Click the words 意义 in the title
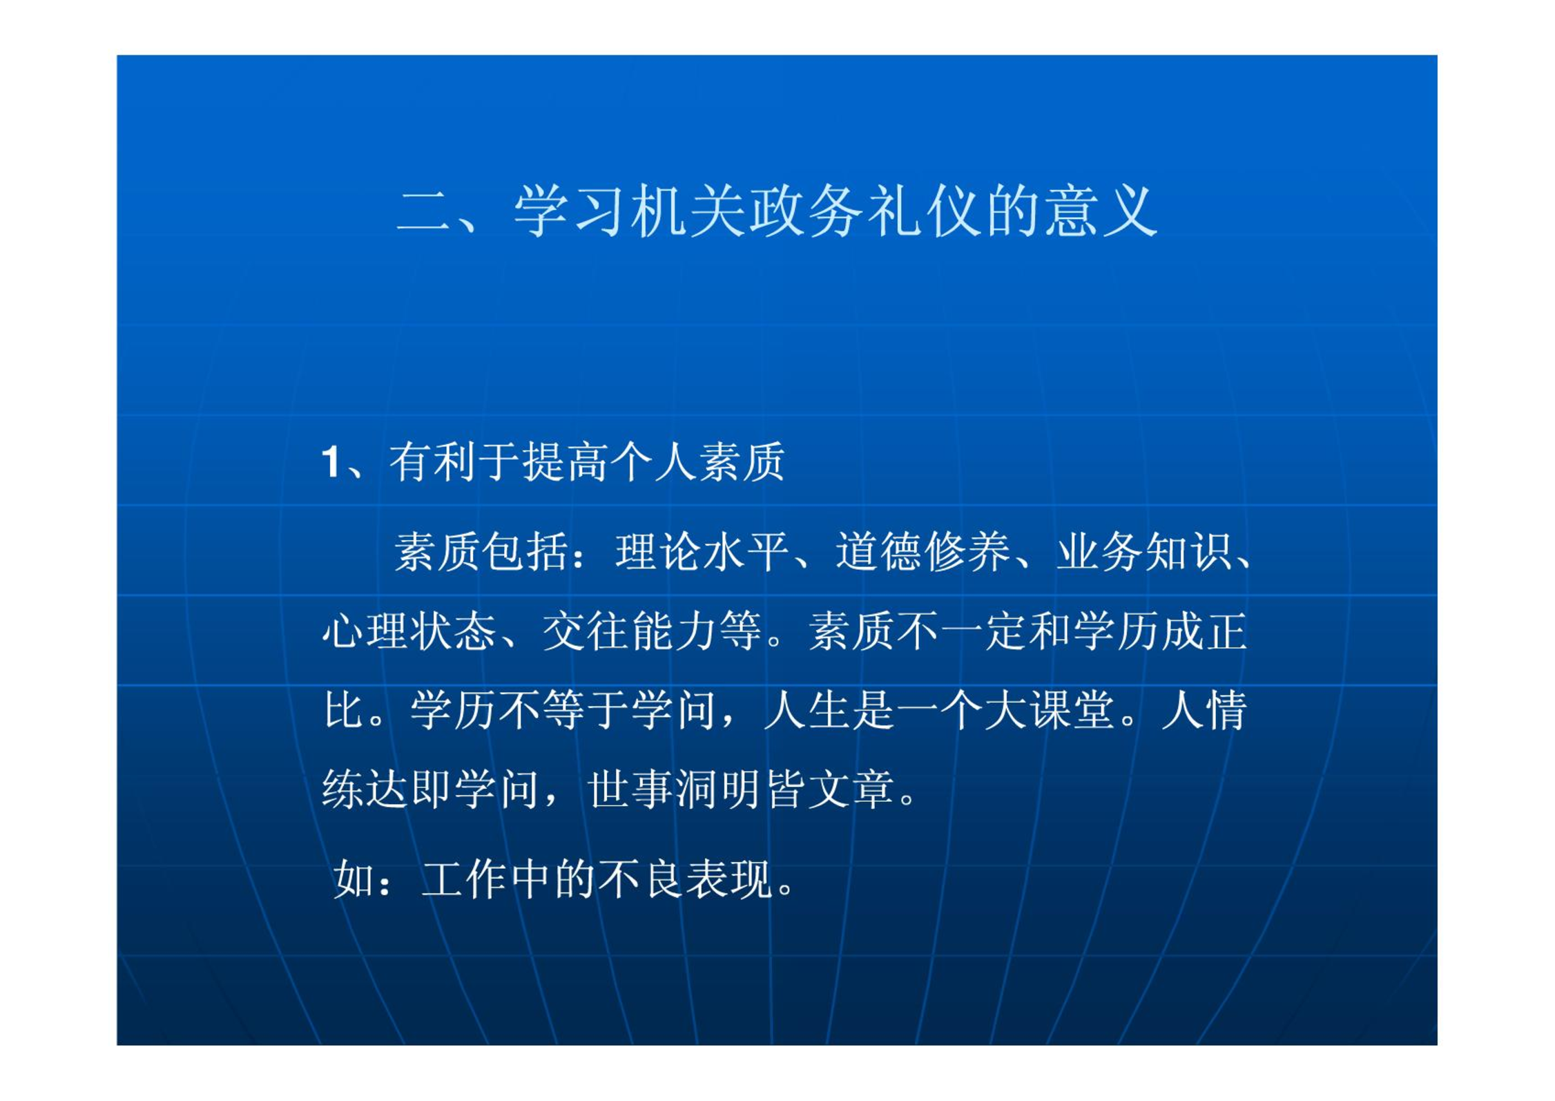(1101, 211)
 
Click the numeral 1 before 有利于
(331, 462)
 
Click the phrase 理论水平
(702, 552)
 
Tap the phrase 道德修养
(923, 552)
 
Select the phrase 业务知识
(1144, 552)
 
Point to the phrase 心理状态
(409, 631)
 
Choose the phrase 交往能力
(629, 631)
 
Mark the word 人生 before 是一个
(807, 710)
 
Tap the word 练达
(365, 789)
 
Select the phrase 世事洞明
(675, 789)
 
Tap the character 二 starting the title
(423, 211)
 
